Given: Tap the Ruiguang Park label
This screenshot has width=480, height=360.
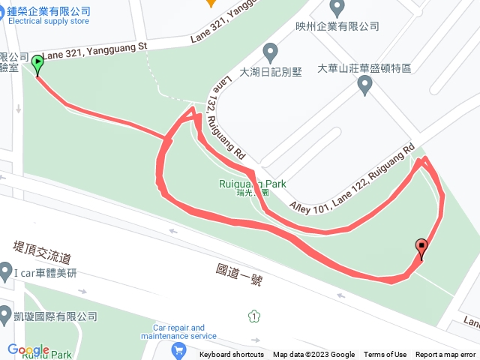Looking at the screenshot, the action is (x=252, y=184).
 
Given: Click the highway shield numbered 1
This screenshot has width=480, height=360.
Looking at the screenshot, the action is (x=255, y=316).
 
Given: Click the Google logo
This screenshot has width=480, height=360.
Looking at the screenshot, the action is (x=28, y=350).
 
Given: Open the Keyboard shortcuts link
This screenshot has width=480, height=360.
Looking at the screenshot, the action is (x=232, y=355).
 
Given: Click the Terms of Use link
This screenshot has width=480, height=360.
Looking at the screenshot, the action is (x=385, y=355).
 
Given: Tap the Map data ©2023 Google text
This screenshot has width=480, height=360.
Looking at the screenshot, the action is (x=313, y=355).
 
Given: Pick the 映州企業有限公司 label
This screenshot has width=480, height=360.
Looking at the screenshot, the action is (x=337, y=25).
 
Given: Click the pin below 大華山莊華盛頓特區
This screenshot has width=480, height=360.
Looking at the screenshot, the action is (x=365, y=85).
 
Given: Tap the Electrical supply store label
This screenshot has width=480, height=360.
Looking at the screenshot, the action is (x=49, y=21).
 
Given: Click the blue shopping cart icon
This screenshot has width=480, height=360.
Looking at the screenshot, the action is (x=178, y=349).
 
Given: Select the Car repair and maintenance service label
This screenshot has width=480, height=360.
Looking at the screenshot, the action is (x=178, y=331).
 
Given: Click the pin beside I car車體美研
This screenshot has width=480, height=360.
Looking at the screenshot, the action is (x=5, y=271).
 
